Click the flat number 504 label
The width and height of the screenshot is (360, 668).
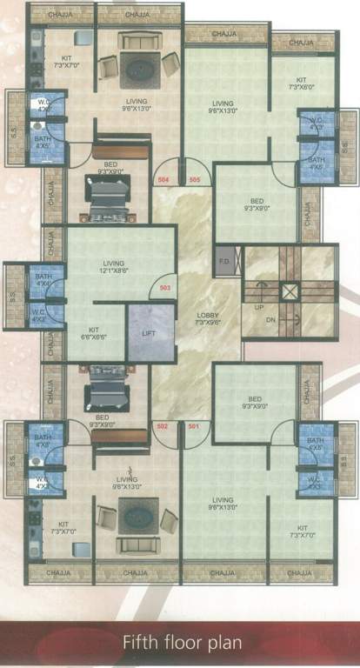click(163, 179)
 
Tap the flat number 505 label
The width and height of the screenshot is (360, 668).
click(194, 179)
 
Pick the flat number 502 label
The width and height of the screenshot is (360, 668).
click(162, 426)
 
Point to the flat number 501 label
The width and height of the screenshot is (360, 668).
click(193, 426)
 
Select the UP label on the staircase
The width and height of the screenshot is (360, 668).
click(258, 307)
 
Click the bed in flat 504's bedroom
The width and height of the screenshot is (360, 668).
click(107, 197)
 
